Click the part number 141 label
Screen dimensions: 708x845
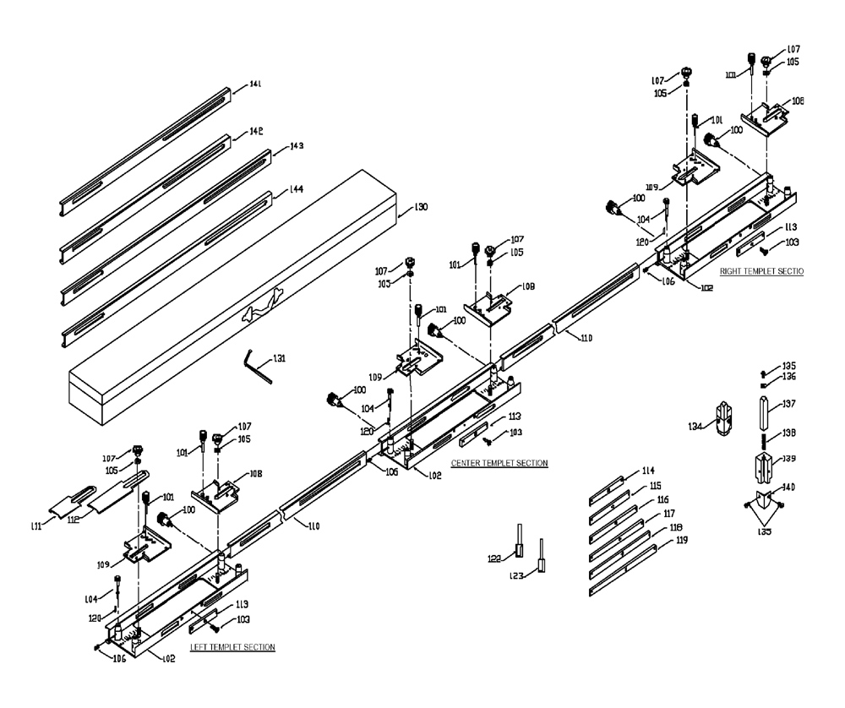tap(255, 84)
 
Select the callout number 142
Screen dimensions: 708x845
tap(255, 132)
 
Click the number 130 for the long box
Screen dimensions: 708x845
tap(420, 207)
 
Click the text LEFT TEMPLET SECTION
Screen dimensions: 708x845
tap(232, 647)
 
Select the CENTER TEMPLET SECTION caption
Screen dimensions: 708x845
tap(499, 463)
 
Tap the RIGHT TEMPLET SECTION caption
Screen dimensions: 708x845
tap(760, 271)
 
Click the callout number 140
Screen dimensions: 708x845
tap(788, 487)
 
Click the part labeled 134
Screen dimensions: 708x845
tap(722, 418)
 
